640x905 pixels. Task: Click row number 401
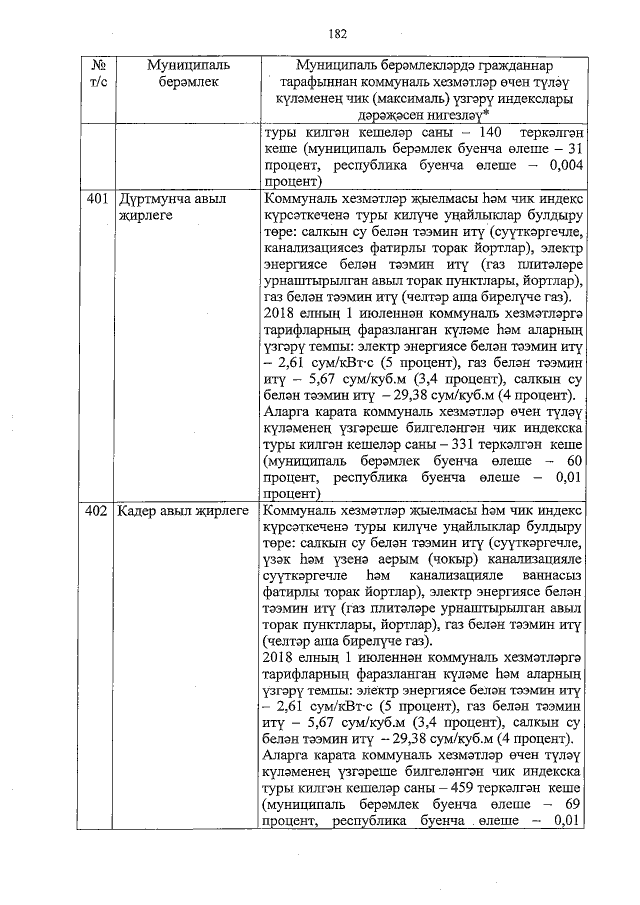click(97, 199)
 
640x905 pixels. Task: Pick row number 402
click(97, 511)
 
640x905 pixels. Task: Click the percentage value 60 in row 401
click(573, 460)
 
